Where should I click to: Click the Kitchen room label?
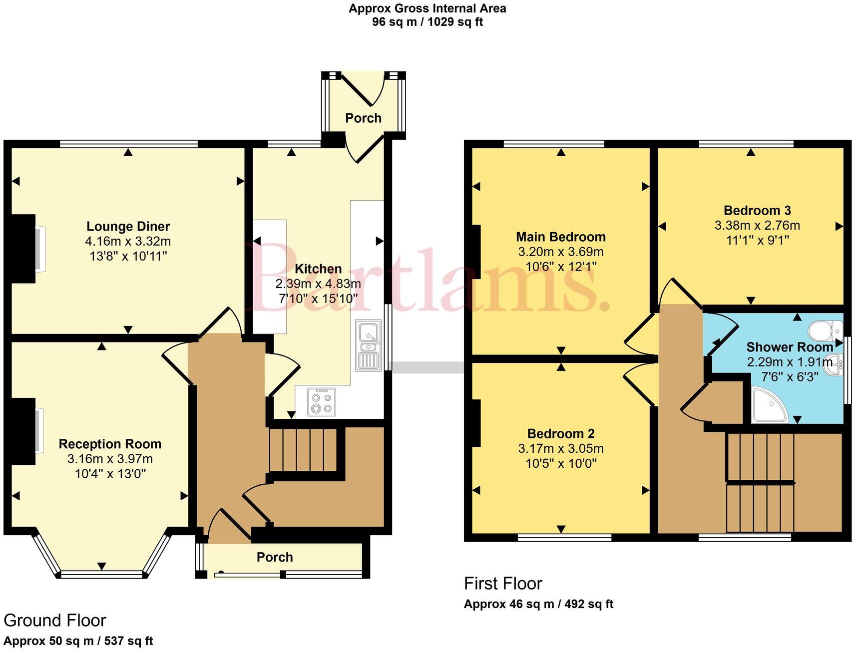coord(318,269)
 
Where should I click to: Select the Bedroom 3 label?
coord(757,211)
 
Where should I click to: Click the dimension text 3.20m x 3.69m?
coord(560,252)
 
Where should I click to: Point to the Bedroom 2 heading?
coord(560,433)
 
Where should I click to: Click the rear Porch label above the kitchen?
coord(363,118)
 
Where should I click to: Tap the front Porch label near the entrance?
coord(275,557)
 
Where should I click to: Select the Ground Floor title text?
coord(55,621)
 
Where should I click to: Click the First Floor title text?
coord(503,584)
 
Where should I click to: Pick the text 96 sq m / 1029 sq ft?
coord(427,22)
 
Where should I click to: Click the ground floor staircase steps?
coord(303,450)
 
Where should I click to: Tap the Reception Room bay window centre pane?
coord(102,574)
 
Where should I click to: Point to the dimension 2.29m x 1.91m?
coord(789,361)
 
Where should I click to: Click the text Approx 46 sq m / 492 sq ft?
coord(538,604)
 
